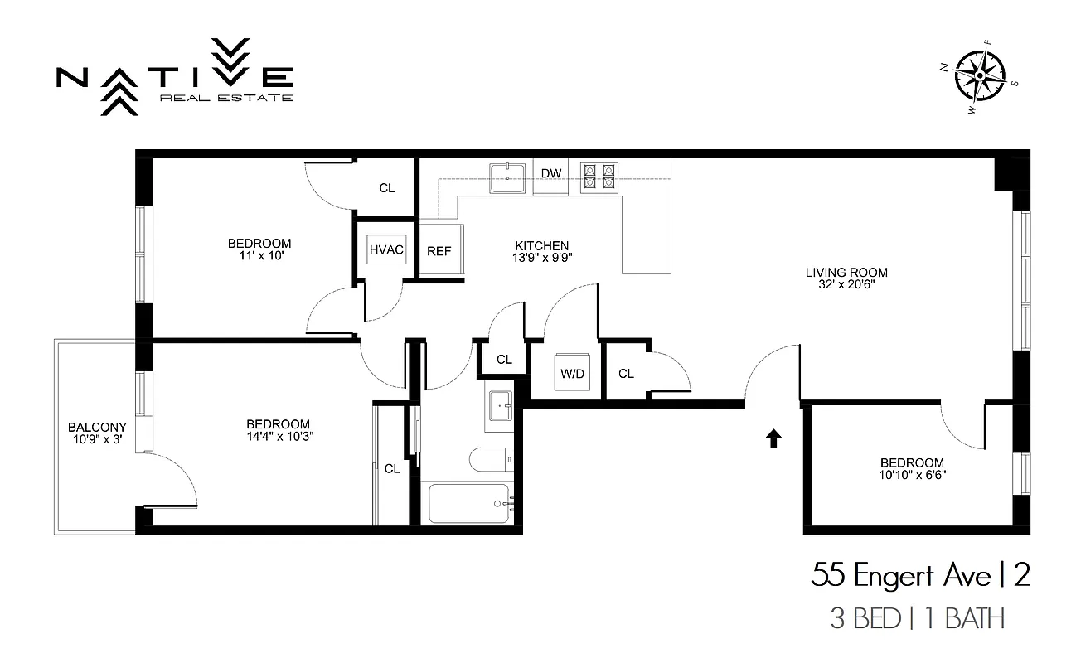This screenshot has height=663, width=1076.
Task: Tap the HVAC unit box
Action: (x=386, y=249)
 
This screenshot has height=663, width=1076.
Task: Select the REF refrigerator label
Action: (x=439, y=251)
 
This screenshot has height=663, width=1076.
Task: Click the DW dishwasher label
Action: (x=551, y=173)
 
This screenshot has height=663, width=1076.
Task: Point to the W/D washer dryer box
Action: (x=572, y=373)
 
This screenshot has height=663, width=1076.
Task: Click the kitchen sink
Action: (x=507, y=177)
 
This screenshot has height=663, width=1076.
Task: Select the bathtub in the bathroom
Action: (x=469, y=503)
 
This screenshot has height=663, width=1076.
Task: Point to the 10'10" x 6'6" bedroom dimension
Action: (x=912, y=475)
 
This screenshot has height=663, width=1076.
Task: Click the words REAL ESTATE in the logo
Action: (x=225, y=98)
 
